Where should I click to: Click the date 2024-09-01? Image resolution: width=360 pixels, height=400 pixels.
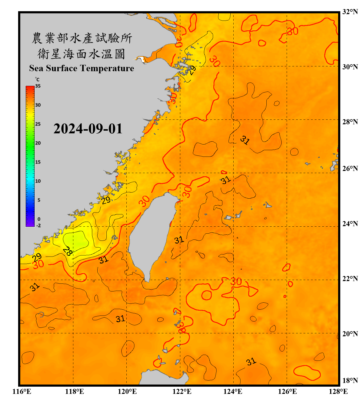pyautogui.click(x=88, y=129)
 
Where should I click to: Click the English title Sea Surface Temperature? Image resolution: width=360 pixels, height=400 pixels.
pyautogui.click(x=82, y=68)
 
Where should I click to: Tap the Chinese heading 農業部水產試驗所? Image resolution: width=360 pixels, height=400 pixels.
pyautogui.click(x=82, y=38)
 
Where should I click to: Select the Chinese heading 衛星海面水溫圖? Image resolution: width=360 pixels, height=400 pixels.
pyautogui.click(x=81, y=54)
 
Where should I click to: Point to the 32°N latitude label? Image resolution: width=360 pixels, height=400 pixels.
pyautogui.click(x=350, y=12)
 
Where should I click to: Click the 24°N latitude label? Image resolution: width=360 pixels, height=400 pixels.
pyautogui.click(x=350, y=223)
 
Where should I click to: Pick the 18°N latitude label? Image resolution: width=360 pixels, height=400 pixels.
pyautogui.click(x=350, y=380)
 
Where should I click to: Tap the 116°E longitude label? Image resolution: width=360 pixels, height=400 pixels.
pyautogui.click(x=22, y=391)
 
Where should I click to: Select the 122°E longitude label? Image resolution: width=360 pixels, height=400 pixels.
pyautogui.click(x=182, y=391)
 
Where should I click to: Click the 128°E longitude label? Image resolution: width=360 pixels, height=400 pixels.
pyautogui.click(x=338, y=391)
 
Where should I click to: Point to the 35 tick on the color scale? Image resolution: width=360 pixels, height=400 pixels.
pyautogui.click(x=38, y=86)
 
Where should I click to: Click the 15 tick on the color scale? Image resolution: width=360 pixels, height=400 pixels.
pyautogui.click(x=38, y=162)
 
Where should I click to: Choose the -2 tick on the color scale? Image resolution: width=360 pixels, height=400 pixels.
pyautogui.click(x=38, y=225)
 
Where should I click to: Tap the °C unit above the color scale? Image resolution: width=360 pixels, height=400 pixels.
pyautogui.click(x=37, y=79)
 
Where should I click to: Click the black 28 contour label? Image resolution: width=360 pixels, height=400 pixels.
pyautogui.click(x=67, y=251)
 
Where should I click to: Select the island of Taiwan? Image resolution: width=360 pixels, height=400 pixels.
pyautogui.click(x=152, y=235)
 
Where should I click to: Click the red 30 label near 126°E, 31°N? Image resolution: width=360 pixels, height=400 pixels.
pyautogui.click(x=293, y=31)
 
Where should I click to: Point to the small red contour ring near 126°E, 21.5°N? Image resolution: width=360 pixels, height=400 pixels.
pyautogui.click(x=285, y=296)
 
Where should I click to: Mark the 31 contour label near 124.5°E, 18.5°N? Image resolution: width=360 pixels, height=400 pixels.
pyautogui.click(x=251, y=362)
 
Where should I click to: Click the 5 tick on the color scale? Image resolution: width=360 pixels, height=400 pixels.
pyautogui.click(x=39, y=200)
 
